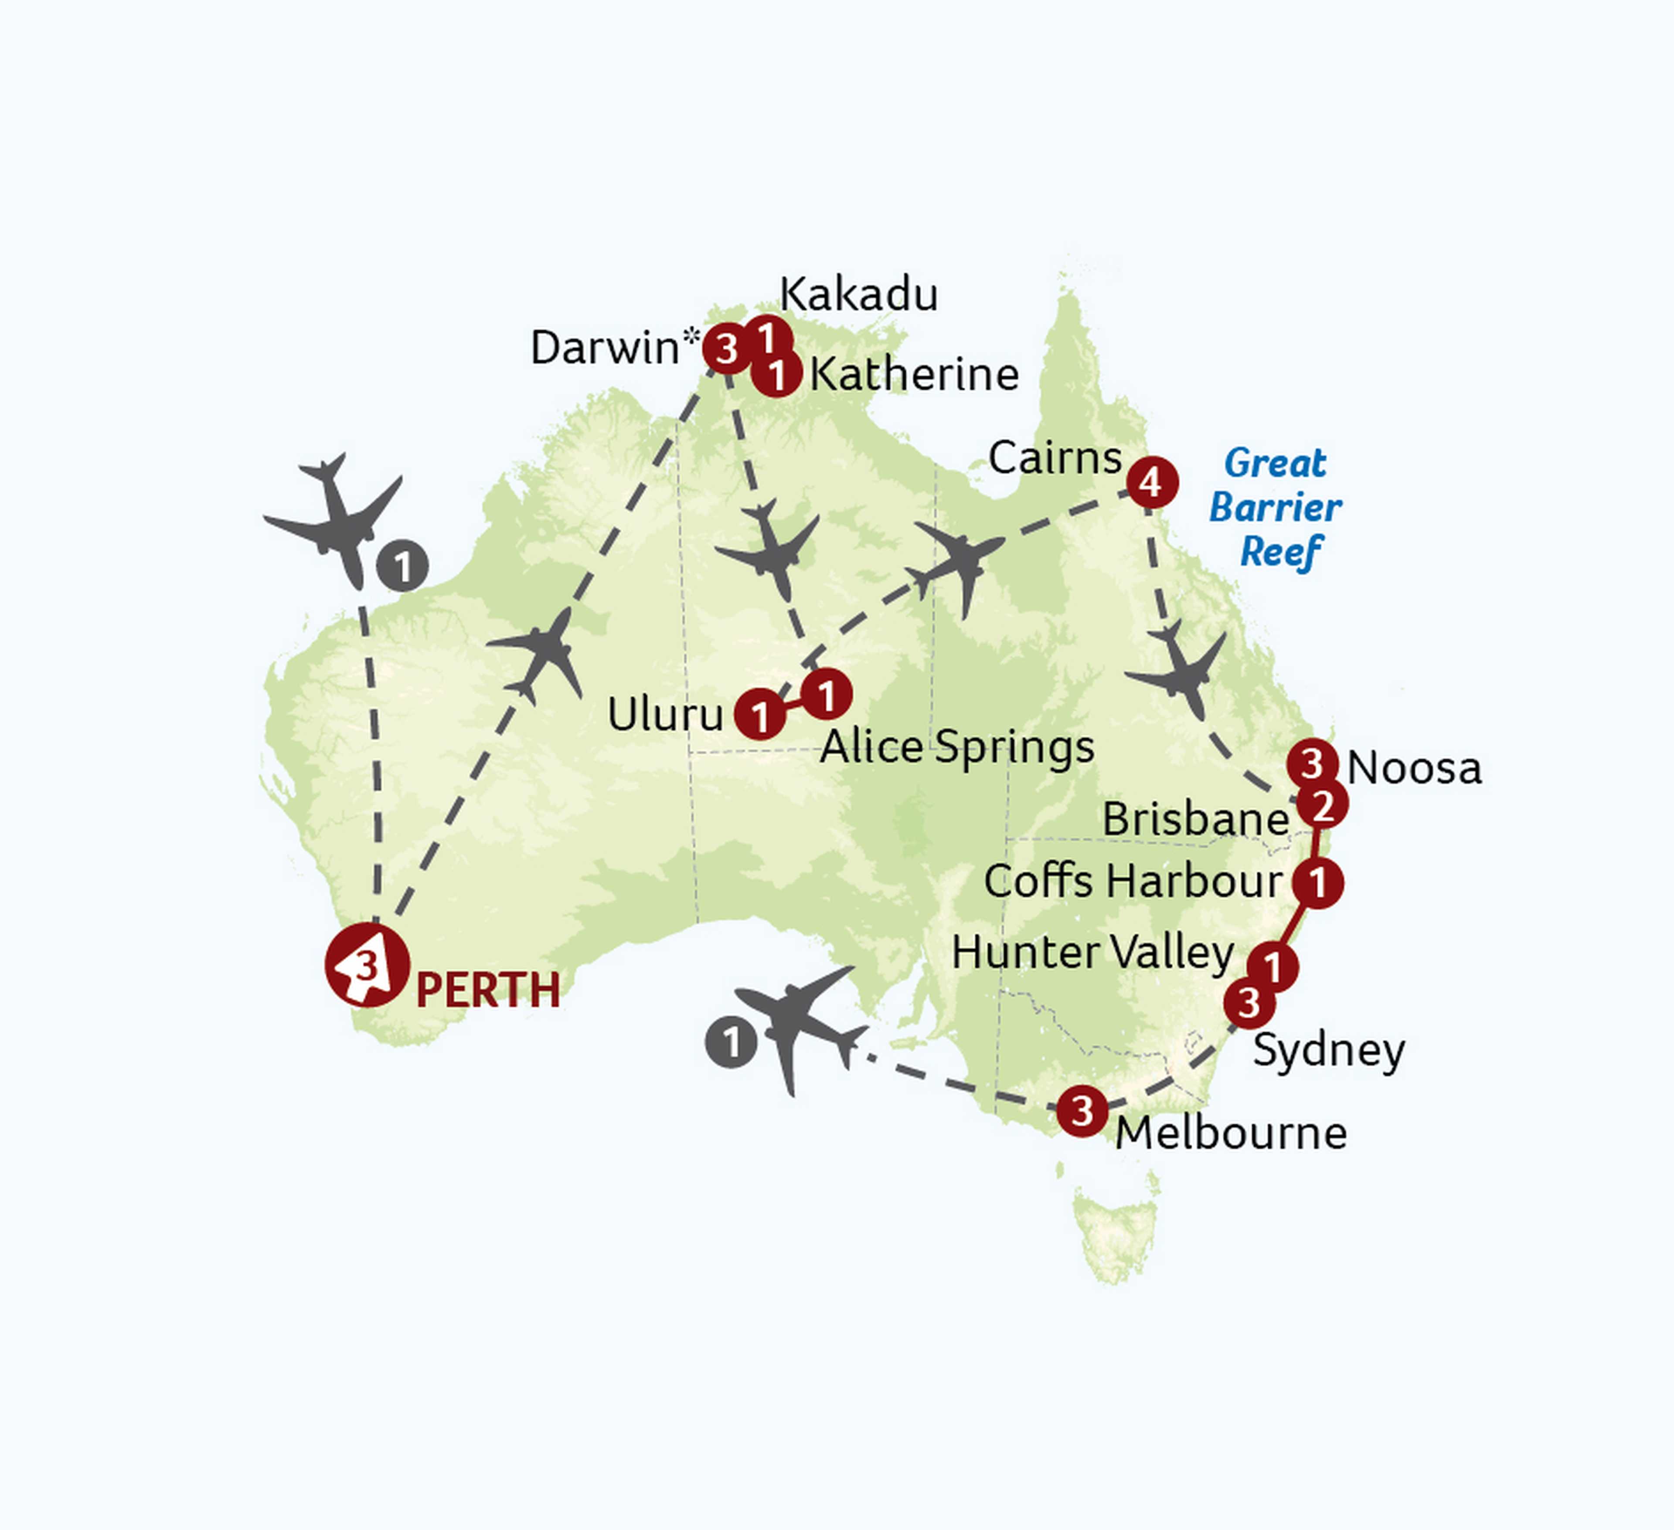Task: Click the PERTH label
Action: (487, 991)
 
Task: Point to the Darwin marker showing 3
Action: (728, 349)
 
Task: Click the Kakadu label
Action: (859, 295)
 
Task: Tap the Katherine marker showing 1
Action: (776, 375)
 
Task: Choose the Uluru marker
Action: (760, 714)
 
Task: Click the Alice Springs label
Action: (956, 747)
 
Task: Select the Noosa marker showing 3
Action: (1312, 762)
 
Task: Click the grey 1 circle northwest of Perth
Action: (403, 567)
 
